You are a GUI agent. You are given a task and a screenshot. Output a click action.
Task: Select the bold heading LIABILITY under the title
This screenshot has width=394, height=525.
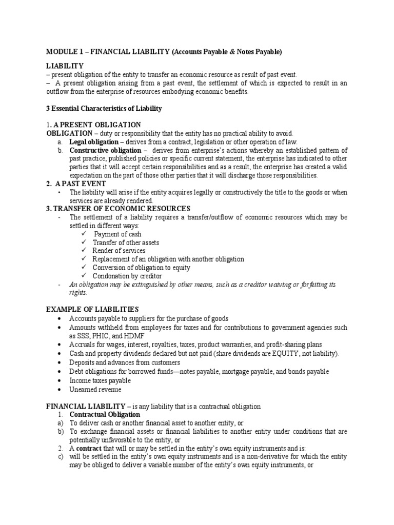[64, 66]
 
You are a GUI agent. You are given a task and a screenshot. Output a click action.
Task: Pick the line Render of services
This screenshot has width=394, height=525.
[119, 251]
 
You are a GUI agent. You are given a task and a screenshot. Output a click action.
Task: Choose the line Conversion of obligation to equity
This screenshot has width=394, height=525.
[141, 267]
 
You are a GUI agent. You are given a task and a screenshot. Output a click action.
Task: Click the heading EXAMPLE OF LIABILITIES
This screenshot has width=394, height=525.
[92, 309]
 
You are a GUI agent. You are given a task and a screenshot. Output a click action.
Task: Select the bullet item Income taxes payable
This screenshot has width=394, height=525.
[100, 380]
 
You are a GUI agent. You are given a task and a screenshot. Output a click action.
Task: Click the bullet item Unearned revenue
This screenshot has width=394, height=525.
[95, 389]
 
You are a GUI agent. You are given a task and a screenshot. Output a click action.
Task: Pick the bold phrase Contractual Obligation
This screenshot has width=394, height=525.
[105, 414]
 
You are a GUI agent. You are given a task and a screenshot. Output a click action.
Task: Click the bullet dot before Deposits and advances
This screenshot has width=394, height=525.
[61, 363]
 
